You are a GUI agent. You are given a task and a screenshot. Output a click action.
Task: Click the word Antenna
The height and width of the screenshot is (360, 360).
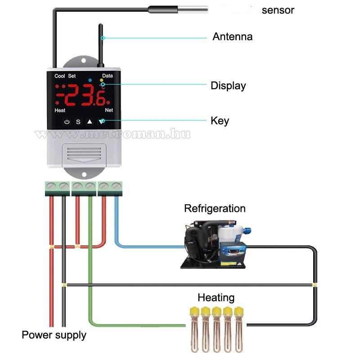[x=232, y=37]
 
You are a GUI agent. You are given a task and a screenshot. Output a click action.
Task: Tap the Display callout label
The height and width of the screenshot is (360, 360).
[x=228, y=85]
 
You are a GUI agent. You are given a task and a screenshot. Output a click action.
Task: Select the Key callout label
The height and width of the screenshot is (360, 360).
[x=220, y=121]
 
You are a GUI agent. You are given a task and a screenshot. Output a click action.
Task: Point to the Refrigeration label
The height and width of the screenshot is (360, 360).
[x=215, y=208]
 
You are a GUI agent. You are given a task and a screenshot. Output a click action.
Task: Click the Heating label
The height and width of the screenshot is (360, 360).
[x=216, y=297]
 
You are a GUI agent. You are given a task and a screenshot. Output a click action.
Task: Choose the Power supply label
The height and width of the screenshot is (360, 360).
[x=54, y=335]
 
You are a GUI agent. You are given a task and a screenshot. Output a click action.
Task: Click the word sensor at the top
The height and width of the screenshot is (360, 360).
[x=278, y=10]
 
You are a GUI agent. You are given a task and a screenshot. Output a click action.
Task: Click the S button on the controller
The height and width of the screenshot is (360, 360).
[x=78, y=121]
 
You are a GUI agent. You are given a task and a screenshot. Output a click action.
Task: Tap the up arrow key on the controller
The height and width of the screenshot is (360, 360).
[x=90, y=121]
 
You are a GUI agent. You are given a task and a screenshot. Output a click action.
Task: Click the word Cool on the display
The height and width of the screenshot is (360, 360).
[x=59, y=76]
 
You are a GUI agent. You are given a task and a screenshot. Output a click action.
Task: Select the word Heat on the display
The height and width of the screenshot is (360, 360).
[x=60, y=110]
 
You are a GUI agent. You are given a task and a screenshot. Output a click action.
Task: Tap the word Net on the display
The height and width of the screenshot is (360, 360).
[x=108, y=110]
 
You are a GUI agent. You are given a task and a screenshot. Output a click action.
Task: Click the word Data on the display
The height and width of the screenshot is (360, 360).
[x=108, y=76]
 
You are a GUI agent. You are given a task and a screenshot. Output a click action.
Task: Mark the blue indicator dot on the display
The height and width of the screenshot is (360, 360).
[x=90, y=80]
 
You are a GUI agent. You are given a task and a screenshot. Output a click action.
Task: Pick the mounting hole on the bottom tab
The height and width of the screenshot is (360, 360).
[x=84, y=174]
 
